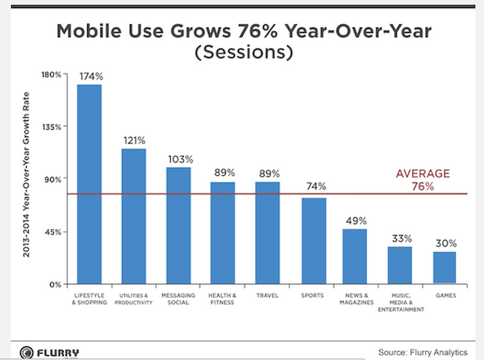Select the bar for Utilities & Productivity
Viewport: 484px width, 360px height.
pos(134,216)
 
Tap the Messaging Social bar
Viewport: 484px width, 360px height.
pos(178,225)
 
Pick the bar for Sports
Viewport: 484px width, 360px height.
pos(314,241)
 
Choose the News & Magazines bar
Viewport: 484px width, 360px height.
pos(355,256)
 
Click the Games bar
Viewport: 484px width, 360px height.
pos(444,267)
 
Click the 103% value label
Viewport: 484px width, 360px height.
pos(179,158)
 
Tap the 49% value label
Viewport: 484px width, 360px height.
pos(356,220)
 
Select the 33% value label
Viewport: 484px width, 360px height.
pos(400,238)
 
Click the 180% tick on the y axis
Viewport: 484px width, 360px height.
pos(52,74)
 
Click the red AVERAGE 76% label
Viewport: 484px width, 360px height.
pos(423,180)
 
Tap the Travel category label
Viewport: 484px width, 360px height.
pos(268,296)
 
